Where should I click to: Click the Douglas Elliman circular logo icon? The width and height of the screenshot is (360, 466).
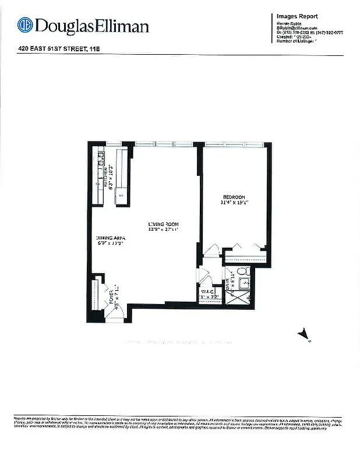pos(24,26)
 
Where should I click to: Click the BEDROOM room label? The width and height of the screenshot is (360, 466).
pos(234,197)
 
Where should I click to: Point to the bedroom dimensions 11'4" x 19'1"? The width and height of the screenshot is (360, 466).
pos(234,203)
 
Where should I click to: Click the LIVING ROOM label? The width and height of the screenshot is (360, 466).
pos(163,224)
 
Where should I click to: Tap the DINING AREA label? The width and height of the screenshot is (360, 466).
pos(111,238)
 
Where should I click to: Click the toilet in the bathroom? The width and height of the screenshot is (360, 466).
pos(242,271)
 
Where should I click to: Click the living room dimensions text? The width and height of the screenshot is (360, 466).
pos(163,230)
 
